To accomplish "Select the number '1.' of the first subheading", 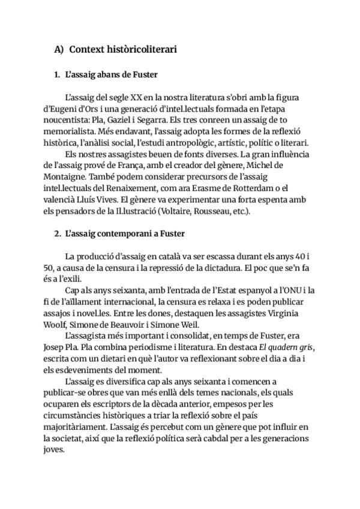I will click(x=57, y=76).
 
